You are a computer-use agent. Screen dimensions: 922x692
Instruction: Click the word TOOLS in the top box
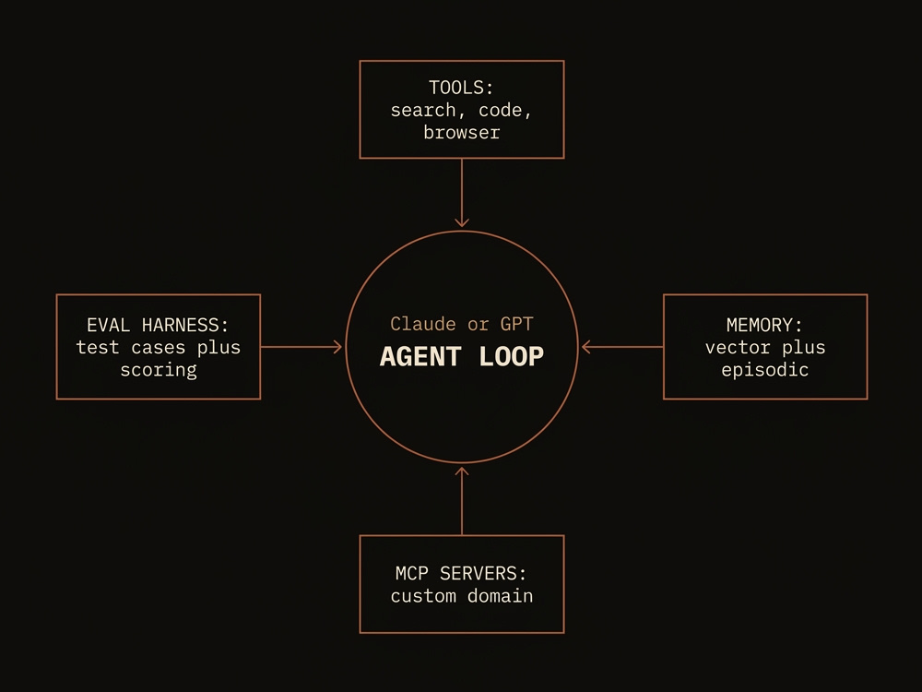coord(455,88)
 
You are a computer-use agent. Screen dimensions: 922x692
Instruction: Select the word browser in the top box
coord(462,132)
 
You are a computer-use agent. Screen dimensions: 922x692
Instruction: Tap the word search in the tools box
coord(423,110)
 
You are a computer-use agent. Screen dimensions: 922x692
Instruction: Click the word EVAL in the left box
coord(108,325)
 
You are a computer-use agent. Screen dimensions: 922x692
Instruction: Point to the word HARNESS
coord(180,325)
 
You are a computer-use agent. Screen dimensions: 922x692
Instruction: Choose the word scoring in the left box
coord(159,370)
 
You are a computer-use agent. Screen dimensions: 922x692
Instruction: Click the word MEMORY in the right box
coord(759,325)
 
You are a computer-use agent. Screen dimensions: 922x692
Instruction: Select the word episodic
coord(765,370)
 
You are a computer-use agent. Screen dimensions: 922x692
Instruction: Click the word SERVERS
coord(478,573)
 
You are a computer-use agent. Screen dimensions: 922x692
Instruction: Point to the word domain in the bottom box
coord(501,595)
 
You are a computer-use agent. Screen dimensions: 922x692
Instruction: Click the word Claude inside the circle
coord(423,324)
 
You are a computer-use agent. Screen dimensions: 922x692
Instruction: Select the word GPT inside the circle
coord(517,324)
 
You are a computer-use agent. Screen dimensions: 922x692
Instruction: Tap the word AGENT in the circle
coord(420,356)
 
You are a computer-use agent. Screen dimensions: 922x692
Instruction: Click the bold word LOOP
coord(512,356)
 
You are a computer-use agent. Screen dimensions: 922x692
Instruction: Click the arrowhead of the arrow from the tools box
coord(462,223)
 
